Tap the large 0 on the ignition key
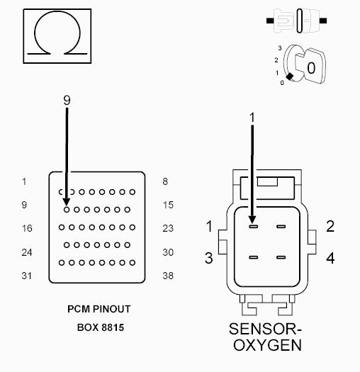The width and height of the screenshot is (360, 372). click(311, 68)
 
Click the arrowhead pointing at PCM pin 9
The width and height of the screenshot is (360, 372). click(67, 203)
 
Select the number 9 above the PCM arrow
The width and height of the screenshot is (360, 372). click(67, 100)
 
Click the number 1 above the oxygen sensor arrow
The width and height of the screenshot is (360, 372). click(252, 118)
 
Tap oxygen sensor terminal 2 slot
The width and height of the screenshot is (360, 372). click(281, 227)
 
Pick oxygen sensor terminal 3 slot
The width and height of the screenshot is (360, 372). click(253, 257)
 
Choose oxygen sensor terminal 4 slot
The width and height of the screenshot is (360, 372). click(281, 257)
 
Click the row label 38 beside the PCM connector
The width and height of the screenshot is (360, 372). click(168, 276)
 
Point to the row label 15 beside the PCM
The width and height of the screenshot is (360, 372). click(168, 205)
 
